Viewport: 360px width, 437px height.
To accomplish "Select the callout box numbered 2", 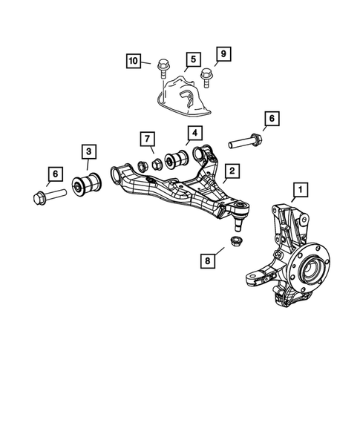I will click(x=232, y=171).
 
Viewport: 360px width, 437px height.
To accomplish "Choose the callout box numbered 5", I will click(x=192, y=58).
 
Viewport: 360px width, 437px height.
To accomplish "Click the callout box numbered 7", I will click(x=146, y=139).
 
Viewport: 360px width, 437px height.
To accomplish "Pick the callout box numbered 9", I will click(x=221, y=53).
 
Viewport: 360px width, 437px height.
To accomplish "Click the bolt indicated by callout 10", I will click(x=162, y=73).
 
